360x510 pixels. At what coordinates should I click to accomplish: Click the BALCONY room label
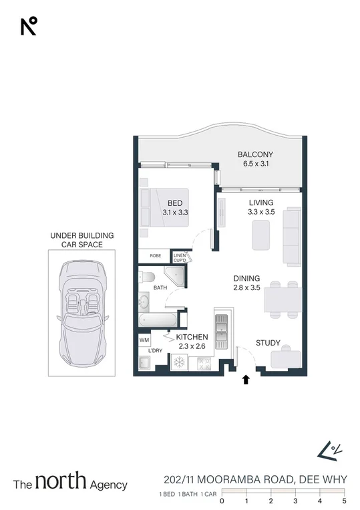point(255,155)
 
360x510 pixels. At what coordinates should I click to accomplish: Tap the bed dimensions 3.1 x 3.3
point(175,212)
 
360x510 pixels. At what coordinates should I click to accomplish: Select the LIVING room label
point(260,203)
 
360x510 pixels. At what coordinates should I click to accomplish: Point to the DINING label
point(246,279)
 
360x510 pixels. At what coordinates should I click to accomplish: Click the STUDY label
point(268,343)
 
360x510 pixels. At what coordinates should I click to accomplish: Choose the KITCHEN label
point(192,337)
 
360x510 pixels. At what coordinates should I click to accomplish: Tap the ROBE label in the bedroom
point(155,256)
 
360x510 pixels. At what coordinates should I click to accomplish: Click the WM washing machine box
point(144,340)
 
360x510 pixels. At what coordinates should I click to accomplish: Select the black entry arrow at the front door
point(246,380)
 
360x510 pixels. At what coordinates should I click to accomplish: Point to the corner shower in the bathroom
point(174,277)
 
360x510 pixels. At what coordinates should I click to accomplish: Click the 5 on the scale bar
point(345,500)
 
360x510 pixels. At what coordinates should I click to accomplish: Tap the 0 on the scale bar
point(222,500)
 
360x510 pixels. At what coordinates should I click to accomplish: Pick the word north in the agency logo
point(61,481)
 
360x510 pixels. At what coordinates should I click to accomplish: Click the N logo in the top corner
point(29,26)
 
